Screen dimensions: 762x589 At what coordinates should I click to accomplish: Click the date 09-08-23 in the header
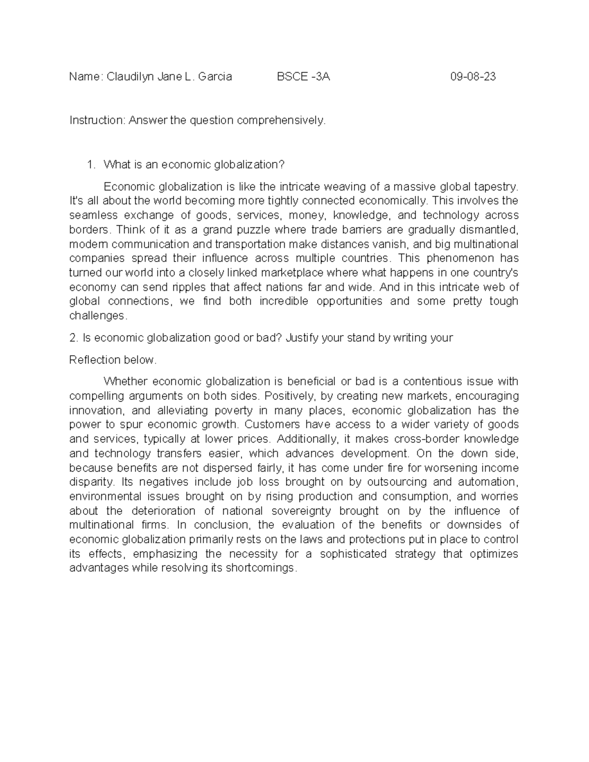click(x=473, y=77)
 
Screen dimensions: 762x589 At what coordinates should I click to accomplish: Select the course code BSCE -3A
click(x=303, y=77)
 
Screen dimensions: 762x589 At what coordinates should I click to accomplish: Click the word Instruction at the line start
click(x=97, y=120)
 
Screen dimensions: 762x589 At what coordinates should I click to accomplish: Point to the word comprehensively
click(x=281, y=120)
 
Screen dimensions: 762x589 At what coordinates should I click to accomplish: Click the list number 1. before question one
click(x=90, y=164)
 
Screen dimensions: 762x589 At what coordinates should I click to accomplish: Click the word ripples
click(x=189, y=287)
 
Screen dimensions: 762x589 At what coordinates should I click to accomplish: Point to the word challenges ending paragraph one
click(x=97, y=316)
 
